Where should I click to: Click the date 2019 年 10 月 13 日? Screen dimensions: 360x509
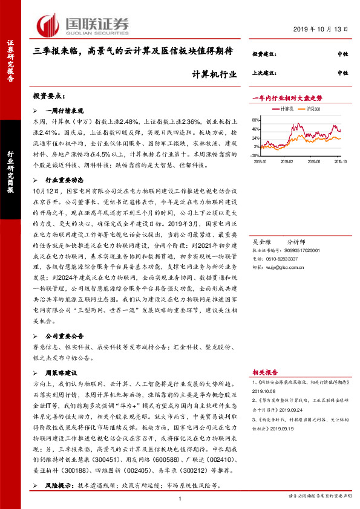coord(321,28)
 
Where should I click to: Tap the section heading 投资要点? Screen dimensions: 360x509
coord(53,96)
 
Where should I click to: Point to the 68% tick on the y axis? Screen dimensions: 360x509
coord(257,120)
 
